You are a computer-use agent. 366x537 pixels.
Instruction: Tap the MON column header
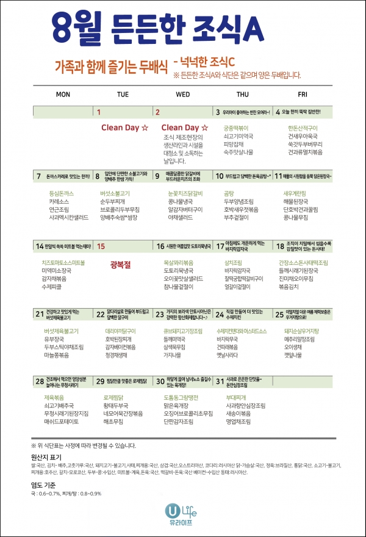click(x=63, y=95)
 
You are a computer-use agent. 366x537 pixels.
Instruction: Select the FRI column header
click(x=303, y=95)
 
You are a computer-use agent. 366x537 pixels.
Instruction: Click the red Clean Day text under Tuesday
click(x=124, y=128)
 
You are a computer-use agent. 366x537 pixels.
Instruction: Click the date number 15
click(x=101, y=246)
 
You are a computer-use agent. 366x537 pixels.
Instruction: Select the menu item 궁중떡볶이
click(x=236, y=128)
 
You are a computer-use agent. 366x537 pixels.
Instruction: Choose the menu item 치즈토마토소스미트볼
click(x=63, y=262)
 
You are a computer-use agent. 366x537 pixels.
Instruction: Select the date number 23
click(x=160, y=313)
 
